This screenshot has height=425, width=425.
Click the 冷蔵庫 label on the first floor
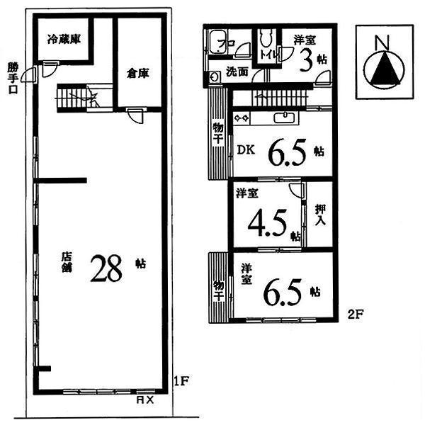point(64,40)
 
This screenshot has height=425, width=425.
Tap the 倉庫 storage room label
point(139,73)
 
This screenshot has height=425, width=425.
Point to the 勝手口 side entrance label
point(11,79)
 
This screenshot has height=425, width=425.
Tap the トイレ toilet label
point(268,53)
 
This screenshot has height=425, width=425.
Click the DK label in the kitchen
point(245,150)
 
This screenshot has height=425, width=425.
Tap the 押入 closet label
point(320,213)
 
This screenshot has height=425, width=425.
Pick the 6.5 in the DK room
point(288,149)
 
